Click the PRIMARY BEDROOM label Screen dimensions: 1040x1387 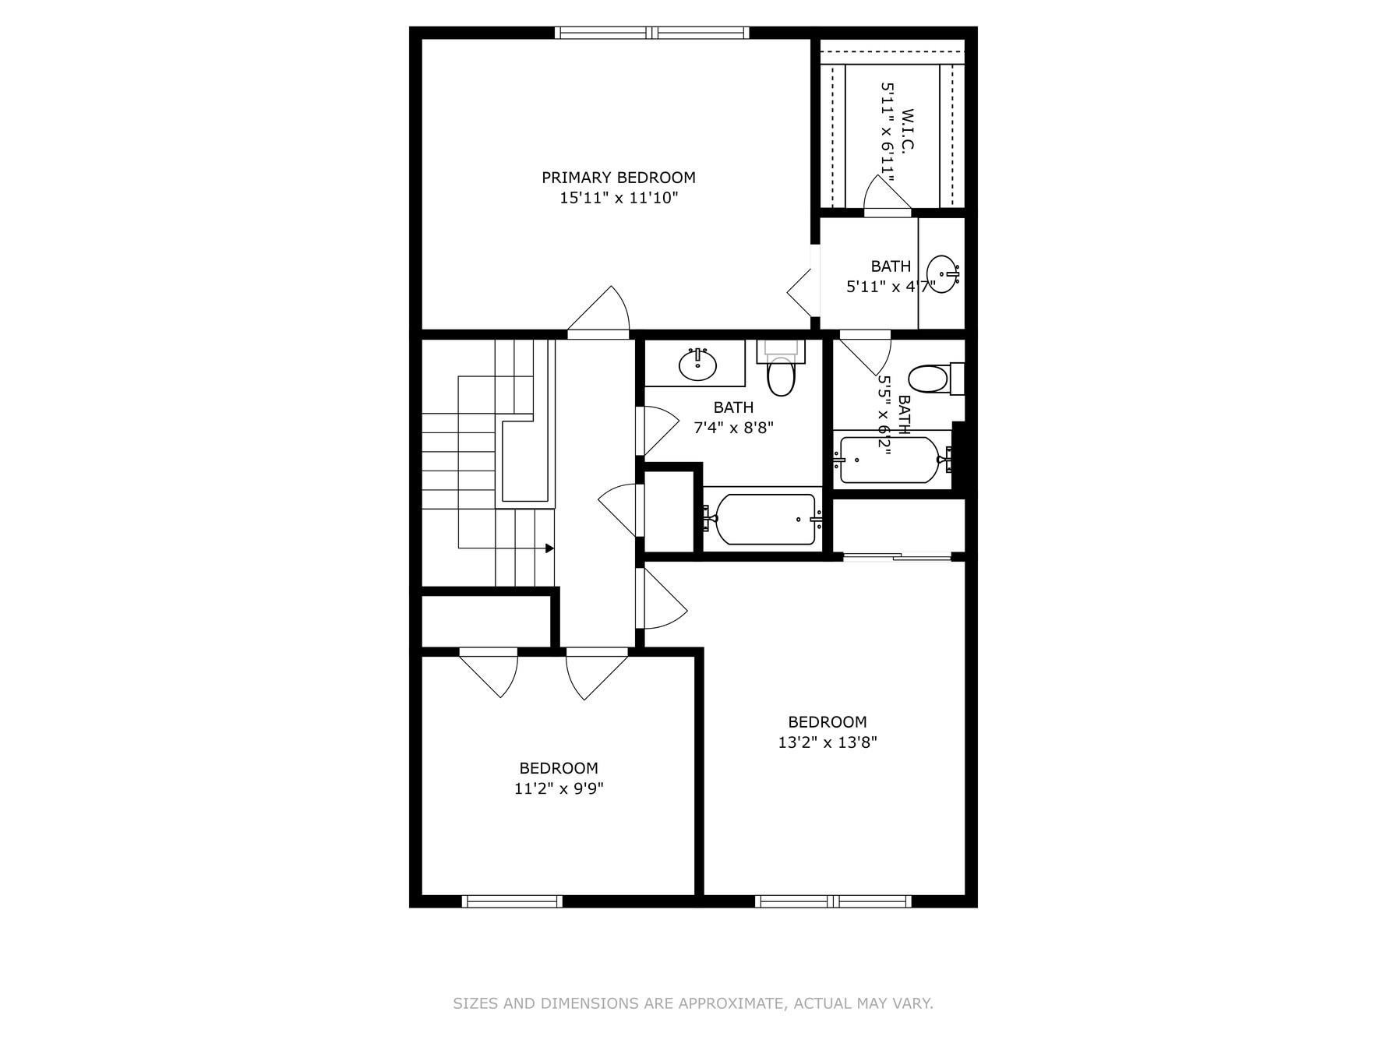(619, 178)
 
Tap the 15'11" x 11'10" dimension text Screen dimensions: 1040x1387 (619, 198)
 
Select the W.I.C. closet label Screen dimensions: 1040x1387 (907, 130)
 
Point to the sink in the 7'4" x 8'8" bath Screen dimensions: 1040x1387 (697, 364)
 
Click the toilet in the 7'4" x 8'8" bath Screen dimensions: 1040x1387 (780, 375)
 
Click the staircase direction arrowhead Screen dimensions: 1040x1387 (549, 548)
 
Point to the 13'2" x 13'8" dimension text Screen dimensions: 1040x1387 (828, 742)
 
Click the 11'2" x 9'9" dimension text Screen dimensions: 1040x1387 (559, 788)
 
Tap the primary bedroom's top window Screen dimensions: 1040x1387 (651, 33)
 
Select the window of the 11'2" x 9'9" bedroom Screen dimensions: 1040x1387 (512, 901)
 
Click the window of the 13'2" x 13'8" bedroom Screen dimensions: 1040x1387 (833, 901)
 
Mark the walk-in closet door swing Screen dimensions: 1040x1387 (887, 195)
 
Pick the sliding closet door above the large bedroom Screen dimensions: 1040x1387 (897, 556)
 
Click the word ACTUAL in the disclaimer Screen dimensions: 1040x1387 (820, 1003)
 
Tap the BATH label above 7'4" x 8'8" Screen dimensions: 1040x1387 (733, 407)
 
